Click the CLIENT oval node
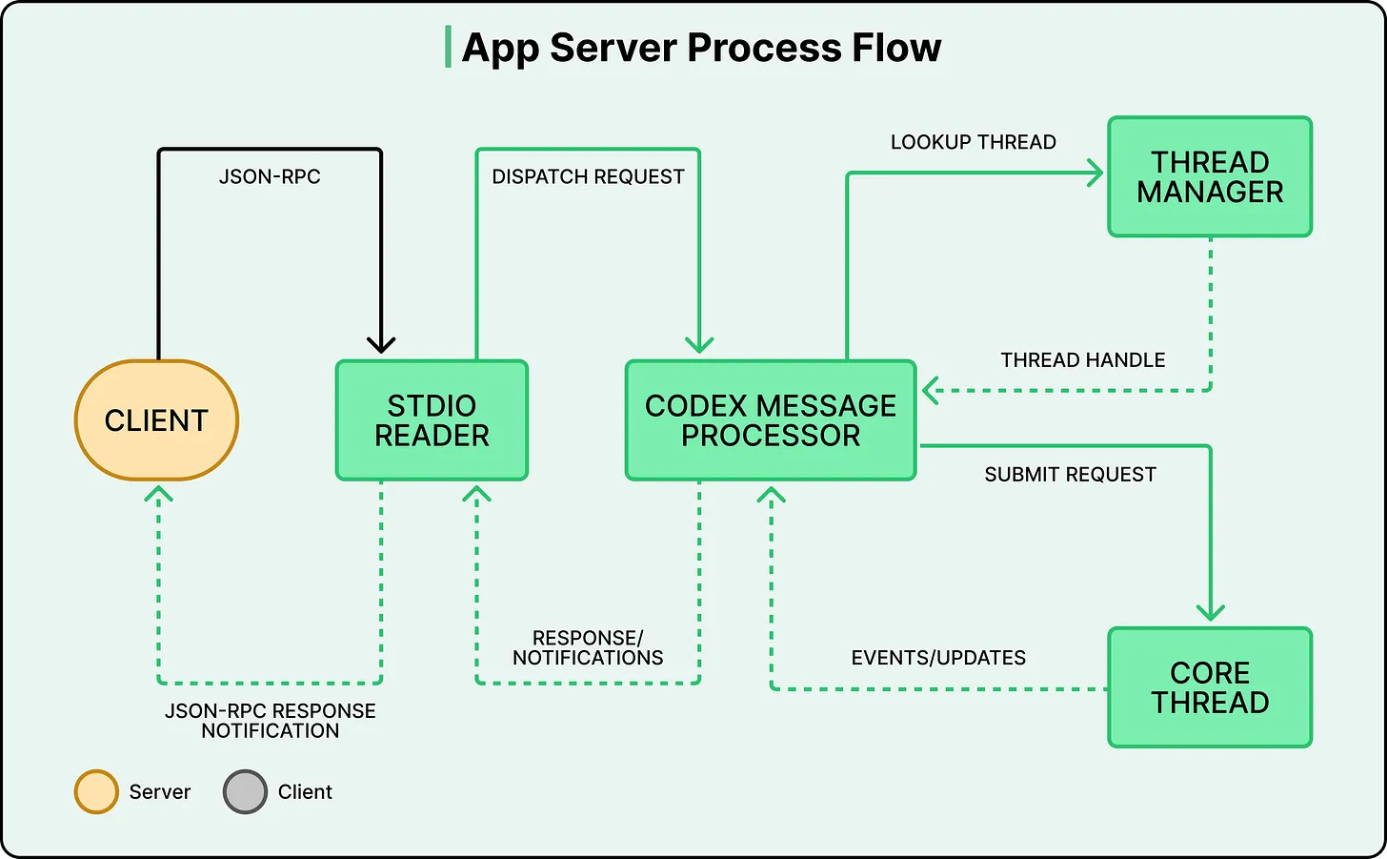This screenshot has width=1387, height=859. (156, 420)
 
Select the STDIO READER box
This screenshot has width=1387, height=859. (432, 420)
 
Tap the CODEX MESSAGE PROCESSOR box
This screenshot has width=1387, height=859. (770, 420)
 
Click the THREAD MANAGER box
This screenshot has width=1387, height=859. (1210, 177)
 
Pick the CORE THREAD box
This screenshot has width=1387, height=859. (1210, 687)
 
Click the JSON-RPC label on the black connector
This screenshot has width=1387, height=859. (270, 176)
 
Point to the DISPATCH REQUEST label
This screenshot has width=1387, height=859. (588, 176)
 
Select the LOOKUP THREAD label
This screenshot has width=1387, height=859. (973, 142)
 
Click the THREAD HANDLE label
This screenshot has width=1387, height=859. (1082, 360)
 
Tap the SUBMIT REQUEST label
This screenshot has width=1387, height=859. (1070, 475)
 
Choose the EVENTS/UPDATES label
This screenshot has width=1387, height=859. (938, 658)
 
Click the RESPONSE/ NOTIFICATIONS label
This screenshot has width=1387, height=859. (588, 648)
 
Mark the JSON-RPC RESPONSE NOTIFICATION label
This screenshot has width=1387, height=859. (270, 721)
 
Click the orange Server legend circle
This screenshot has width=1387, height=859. (96, 792)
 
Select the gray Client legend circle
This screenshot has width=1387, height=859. (245, 792)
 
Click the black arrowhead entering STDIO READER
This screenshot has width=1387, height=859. (381, 345)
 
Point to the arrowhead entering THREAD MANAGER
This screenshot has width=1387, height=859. (1096, 174)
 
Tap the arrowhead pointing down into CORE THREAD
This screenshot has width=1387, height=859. (1210, 612)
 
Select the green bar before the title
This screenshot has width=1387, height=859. (448, 48)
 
